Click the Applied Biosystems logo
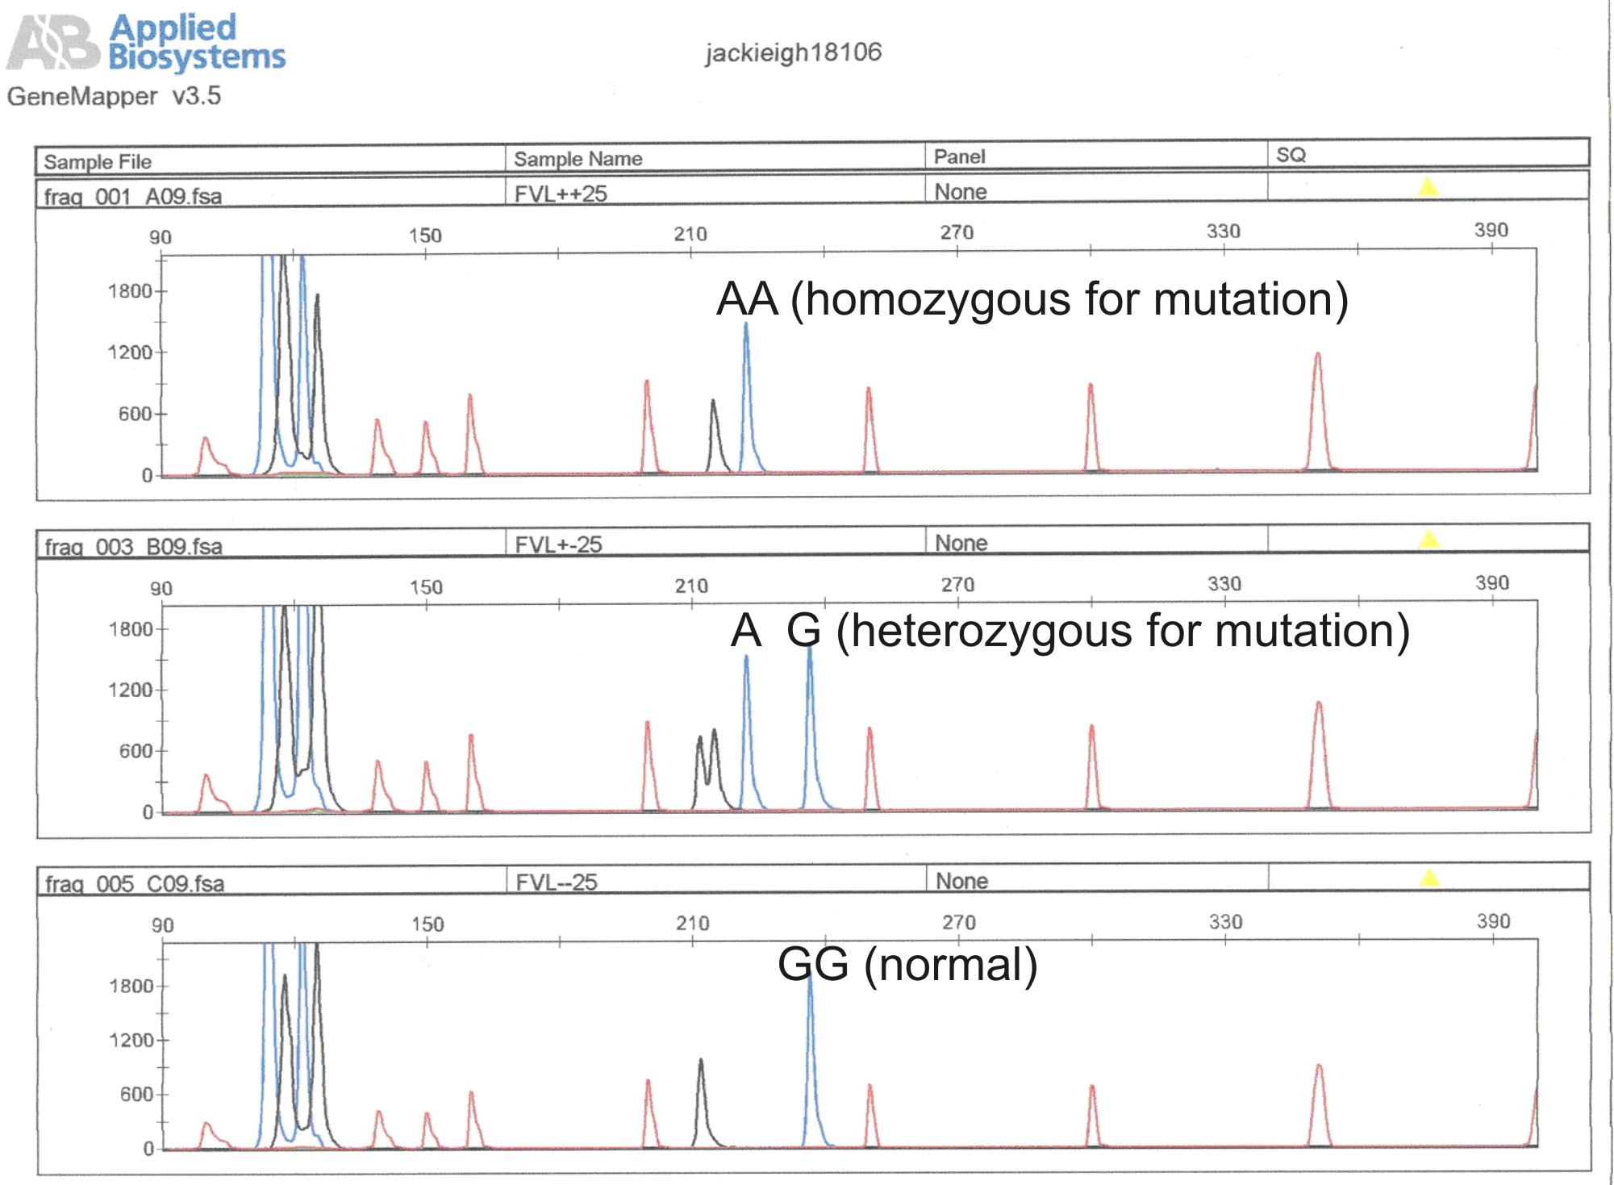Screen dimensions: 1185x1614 145,42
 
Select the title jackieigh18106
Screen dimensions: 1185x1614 793,52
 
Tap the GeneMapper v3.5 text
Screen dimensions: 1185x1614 114,96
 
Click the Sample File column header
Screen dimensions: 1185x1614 98,161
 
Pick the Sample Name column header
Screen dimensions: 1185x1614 578,159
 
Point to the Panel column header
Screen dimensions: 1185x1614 959,156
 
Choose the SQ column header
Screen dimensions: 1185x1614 1291,155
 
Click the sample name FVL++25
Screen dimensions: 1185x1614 561,194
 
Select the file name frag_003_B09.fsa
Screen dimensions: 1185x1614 133,547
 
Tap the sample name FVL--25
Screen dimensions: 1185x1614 557,882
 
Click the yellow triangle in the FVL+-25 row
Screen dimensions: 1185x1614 1428,539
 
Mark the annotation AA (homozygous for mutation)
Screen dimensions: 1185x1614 1032,299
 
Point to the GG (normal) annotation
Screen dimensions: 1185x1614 907,964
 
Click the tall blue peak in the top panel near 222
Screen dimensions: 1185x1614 746,387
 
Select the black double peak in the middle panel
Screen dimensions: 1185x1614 707,766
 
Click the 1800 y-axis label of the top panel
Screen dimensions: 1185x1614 130,291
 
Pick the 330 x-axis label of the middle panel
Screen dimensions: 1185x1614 1224,584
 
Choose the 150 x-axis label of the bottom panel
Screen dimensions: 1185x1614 427,924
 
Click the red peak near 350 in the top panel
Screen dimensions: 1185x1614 1317,403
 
